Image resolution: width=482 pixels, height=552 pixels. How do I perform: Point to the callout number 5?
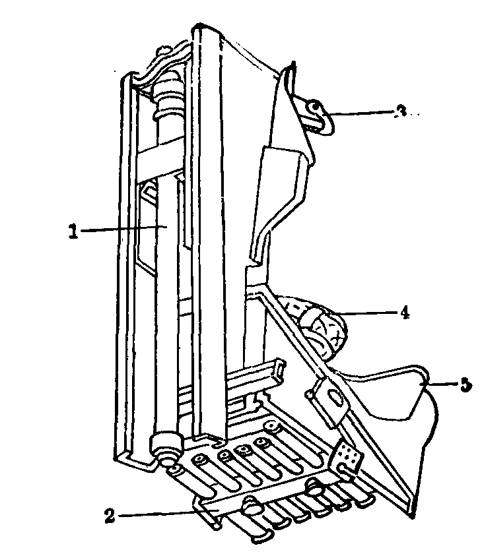[x=466, y=384]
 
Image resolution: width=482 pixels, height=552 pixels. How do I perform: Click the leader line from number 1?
[x=119, y=228]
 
